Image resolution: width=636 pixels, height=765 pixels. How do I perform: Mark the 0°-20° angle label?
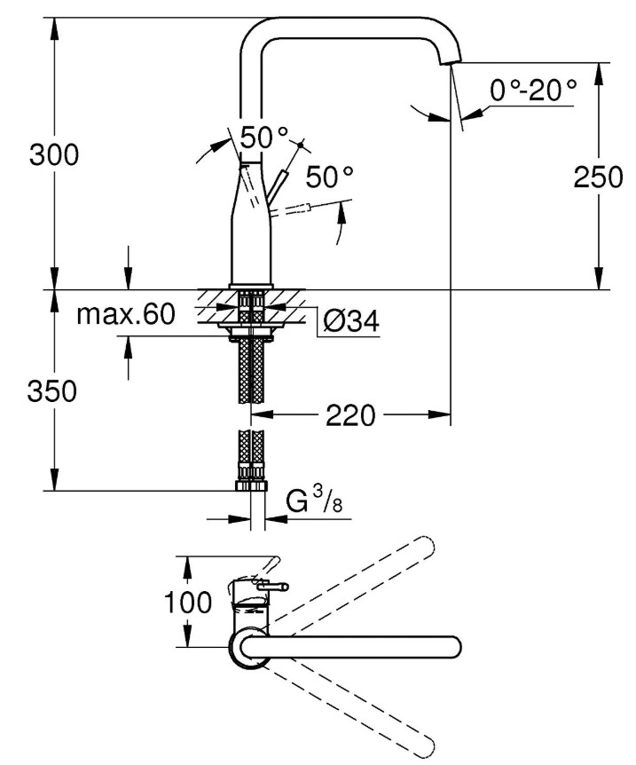(x=532, y=90)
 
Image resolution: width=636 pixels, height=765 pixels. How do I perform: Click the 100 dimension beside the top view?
(x=188, y=603)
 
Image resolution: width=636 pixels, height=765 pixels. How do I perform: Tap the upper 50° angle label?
(x=264, y=138)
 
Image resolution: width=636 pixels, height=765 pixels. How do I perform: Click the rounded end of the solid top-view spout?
(x=454, y=647)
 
